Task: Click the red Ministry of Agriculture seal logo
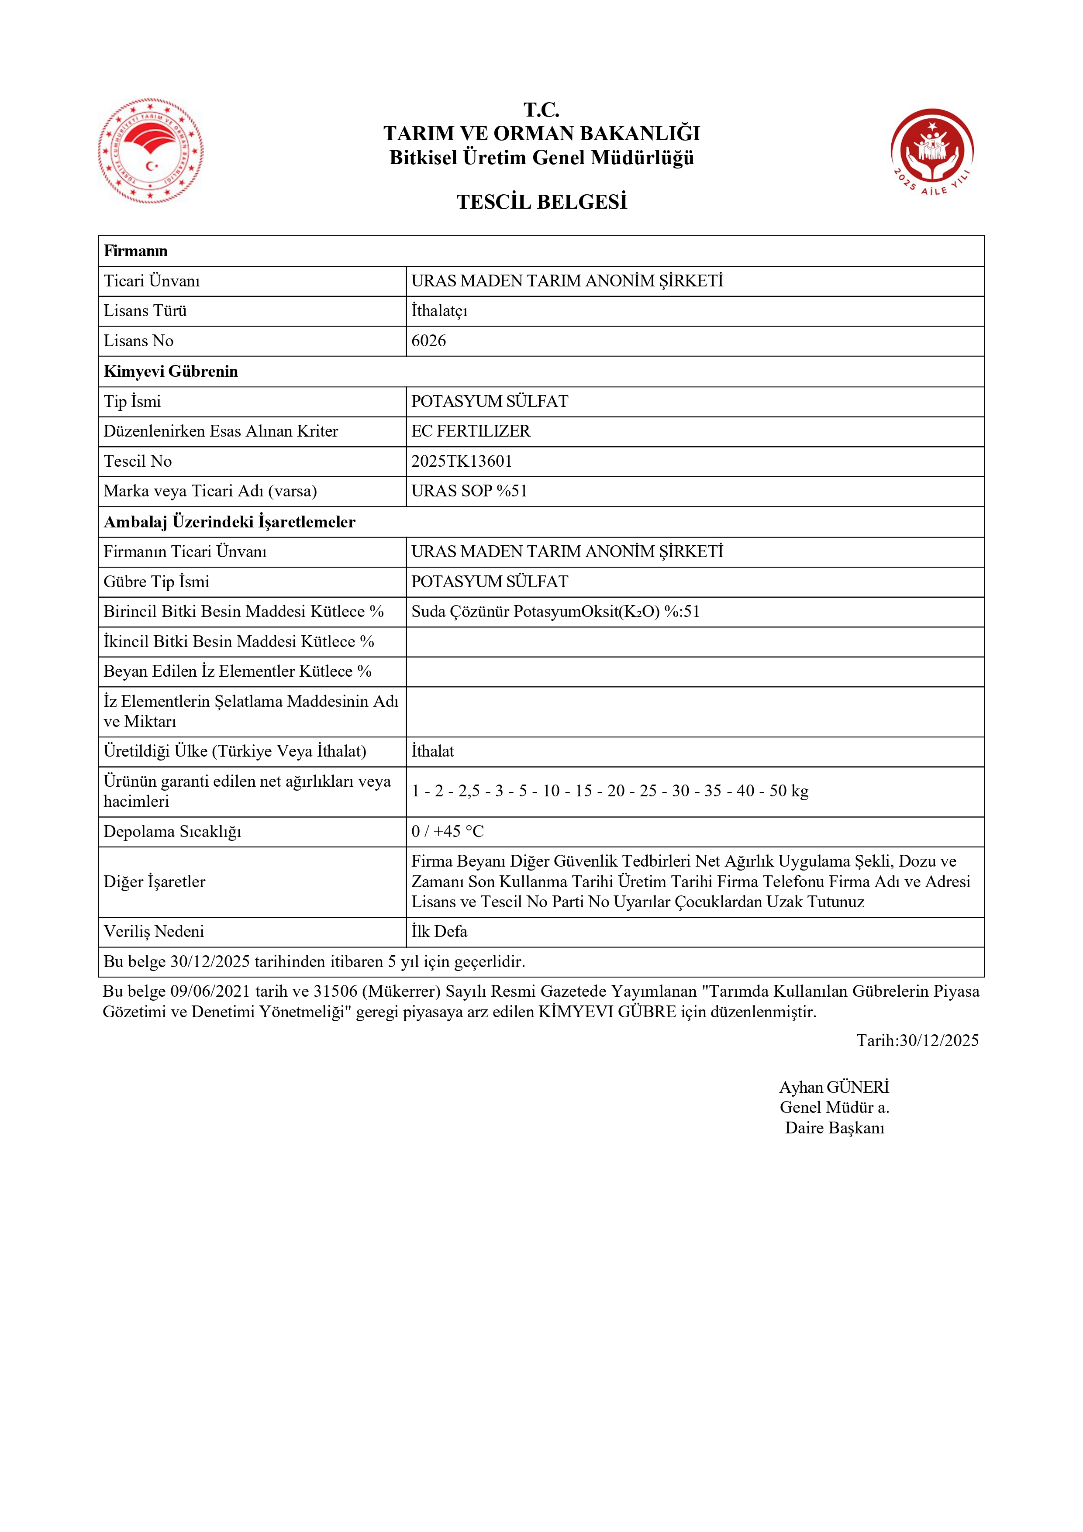click(x=151, y=151)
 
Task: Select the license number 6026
click(x=428, y=341)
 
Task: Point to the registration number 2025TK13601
click(x=461, y=461)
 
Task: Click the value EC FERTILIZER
click(x=470, y=431)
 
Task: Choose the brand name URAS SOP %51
click(x=469, y=491)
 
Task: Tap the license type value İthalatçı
click(x=439, y=311)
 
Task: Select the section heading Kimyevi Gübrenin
click(x=171, y=372)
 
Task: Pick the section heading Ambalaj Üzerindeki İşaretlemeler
click(x=230, y=522)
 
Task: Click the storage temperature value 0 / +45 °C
click(x=447, y=831)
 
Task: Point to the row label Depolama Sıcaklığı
click(x=172, y=831)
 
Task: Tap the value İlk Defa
click(x=439, y=932)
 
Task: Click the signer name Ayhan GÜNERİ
click(x=834, y=1087)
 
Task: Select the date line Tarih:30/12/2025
click(x=917, y=1040)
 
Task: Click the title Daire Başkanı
click(x=834, y=1128)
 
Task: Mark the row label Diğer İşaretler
click(x=154, y=881)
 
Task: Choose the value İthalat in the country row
click(x=432, y=751)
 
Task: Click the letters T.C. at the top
click(x=541, y=110)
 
